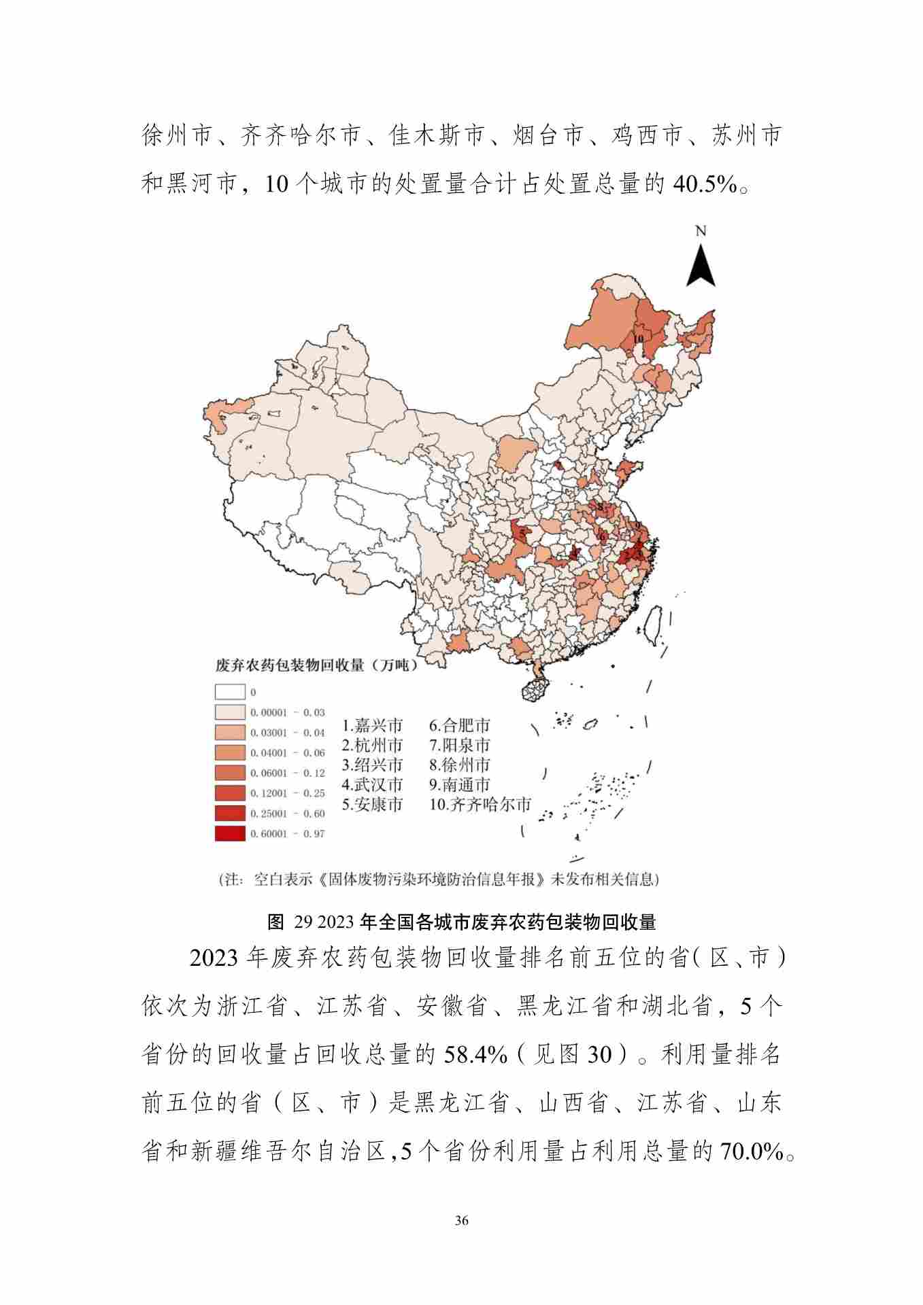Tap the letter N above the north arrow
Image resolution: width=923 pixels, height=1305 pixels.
pyautogui.click(x=701, y=231)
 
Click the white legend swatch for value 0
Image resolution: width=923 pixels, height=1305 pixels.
pyautogui.click(x=230, y=692)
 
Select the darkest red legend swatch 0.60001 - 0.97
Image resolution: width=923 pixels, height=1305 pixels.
pyautogui.click(x=230, y=833)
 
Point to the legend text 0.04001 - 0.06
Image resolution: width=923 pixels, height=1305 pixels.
pyautogui.click(x=288, y=753)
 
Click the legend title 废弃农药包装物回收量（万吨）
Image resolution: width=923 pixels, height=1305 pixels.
pyautogui.click(x=316, y=665)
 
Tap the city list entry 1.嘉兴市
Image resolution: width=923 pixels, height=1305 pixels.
pyautogui.click(x=372, y=725)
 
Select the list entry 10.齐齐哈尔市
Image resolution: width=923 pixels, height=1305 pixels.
pyautogui.click(x=480, y=805)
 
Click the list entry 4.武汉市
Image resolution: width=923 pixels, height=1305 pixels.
pyautogui.click(x=372, y=784)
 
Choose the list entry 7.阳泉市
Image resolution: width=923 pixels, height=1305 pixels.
pyautogui.click(x=459, y=745)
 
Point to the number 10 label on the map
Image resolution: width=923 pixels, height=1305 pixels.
pyautogui.click(x=638, y=338)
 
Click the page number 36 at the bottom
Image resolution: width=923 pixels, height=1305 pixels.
pyautogui.click(x=461, y=1220)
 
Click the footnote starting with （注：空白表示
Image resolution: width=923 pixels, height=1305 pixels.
pyautogui.click(x=439, y=879)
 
